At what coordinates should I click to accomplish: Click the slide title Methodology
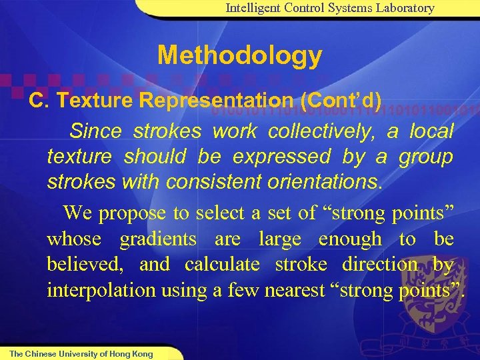[239, 56]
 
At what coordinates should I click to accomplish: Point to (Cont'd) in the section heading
[341, 101]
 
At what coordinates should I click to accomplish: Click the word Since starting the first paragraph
[95, 131]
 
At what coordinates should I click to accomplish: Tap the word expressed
[283, 157]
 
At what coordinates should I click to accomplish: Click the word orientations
[317, 182]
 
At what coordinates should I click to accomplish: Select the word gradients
[157, 239]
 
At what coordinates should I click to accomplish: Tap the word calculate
[222, 265]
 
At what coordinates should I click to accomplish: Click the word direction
[380, 265]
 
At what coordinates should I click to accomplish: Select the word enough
[350, 239]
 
